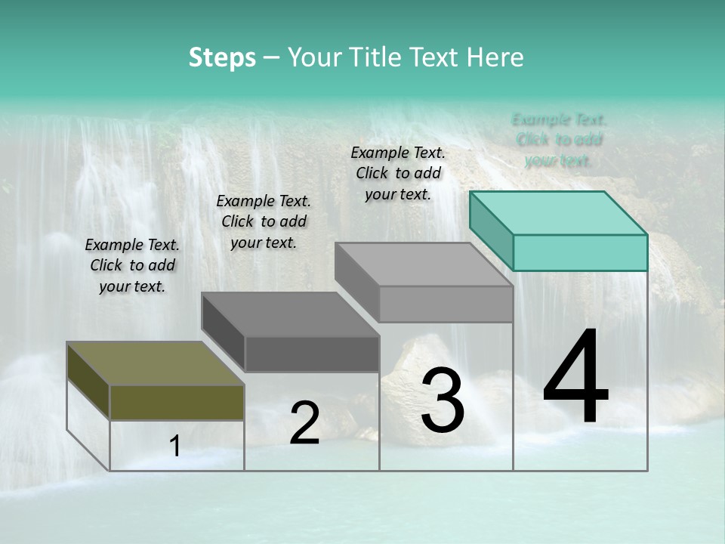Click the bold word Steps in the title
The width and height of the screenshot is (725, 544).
point(222,57)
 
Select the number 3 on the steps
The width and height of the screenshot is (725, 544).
point(443,400)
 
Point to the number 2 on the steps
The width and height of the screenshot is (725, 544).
point(304,423)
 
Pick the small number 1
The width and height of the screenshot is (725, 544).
point(175,447)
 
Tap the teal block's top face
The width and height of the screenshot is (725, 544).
point(559,212)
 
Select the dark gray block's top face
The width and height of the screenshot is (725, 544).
point(291,314)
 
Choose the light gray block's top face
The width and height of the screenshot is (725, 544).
point(424,264)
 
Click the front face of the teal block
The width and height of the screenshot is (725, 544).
point(580,252)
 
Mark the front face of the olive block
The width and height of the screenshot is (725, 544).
point(177,402)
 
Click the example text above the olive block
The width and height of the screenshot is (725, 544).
point(132,265)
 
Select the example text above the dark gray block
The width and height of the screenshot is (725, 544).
point(264,221)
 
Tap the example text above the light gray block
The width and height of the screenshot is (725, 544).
point(398,173)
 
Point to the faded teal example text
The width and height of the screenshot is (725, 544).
point(559,140)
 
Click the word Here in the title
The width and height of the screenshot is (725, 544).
point(495,57)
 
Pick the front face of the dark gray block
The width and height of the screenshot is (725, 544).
point(312,354)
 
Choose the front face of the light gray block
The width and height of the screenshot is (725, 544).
point(446,304)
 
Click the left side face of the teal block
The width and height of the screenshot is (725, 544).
point(491,230)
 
